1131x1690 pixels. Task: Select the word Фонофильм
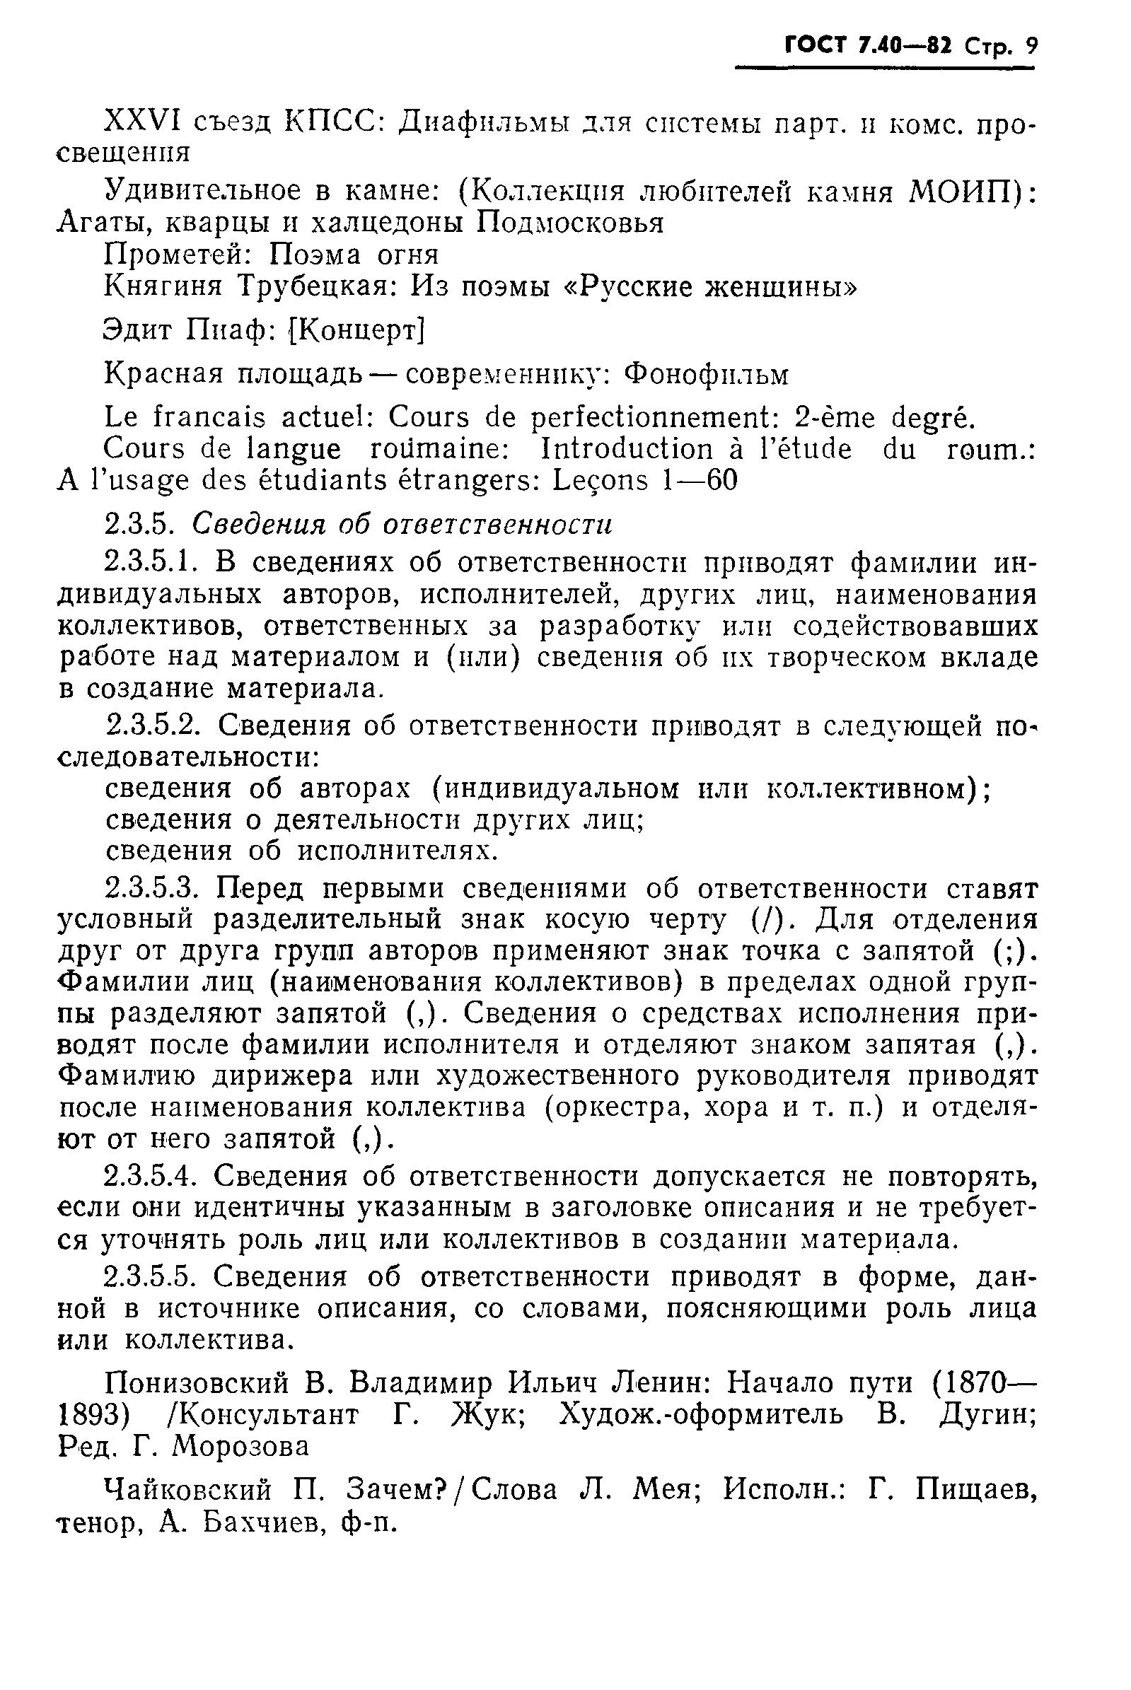pyautogui.click(x=706, y=373)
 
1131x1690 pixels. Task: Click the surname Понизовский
pyautogui.click(x=197, y=1382)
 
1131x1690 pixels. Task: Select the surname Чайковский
pyautogui.click(x=188, y=1489)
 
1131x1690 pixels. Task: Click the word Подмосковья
pyautogui.click(x=569, y=223)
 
